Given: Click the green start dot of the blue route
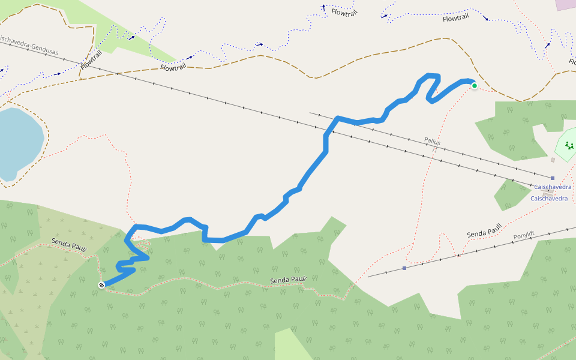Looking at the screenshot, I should pyautogui.click(x=475, y=86).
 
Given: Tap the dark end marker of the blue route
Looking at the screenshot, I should pyautogui.click(x=102, y=285).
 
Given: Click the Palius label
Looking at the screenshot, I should pyautogui.click(x=432, y=142).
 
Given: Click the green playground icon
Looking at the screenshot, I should pyautogui.click(x=569, y=145).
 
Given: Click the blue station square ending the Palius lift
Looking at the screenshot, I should pyautogui.click(x=553, y=178).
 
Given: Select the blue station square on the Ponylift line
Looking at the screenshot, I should pyautogui.click(x=404, y=268).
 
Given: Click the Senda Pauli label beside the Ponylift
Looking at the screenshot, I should pyautogui.click(x=484, y=231).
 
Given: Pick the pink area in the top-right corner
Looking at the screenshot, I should pyautogui.click(x=566, y=4).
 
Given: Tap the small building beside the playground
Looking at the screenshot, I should pyautogui.click(x=553, y=160).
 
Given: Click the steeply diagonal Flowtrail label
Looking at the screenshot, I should pyautogui.click(x=91, y=60).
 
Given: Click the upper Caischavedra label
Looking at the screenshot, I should pyautogui.click(x=553, y=187).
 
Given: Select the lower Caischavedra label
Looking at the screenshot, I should pyautogui.click(x=548, y=199).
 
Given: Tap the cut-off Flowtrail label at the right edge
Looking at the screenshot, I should pyautogui.click(x=572, y=62).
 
